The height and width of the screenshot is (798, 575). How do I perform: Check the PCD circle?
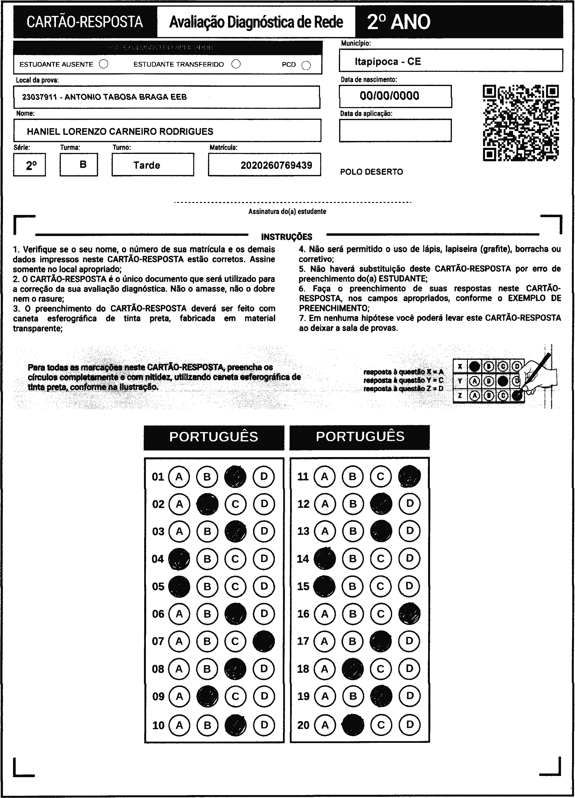(306, 65)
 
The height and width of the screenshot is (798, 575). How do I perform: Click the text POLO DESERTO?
(371, 172)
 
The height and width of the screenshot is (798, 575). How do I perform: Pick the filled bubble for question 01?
(235, 476)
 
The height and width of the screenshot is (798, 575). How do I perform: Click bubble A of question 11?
(325, 476)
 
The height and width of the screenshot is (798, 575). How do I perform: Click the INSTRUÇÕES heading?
(287, 237)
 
